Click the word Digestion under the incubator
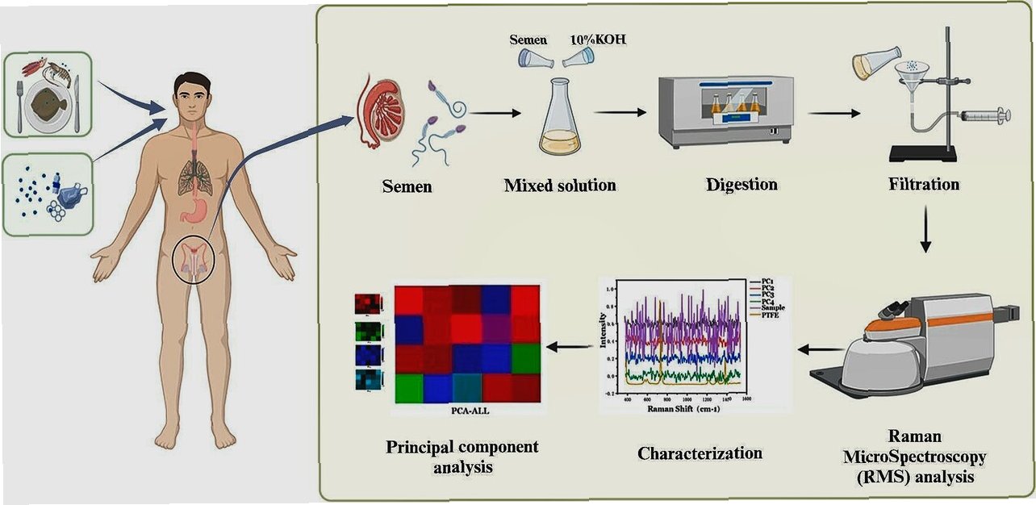[741, 185]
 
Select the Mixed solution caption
[559, 186]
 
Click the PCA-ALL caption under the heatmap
[469, 409]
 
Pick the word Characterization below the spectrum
[700, 453]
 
